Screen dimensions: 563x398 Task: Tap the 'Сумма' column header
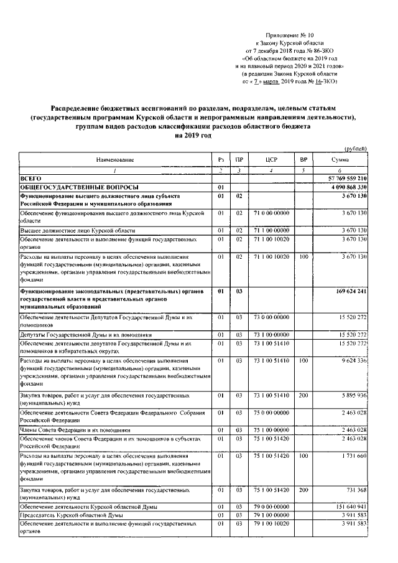pyautogui.click(x=340, y=161)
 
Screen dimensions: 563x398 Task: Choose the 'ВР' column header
pyautogui.click(x=303, y=161)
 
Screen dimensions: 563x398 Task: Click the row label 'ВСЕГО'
pyautogui.click(x=31, y=179)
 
